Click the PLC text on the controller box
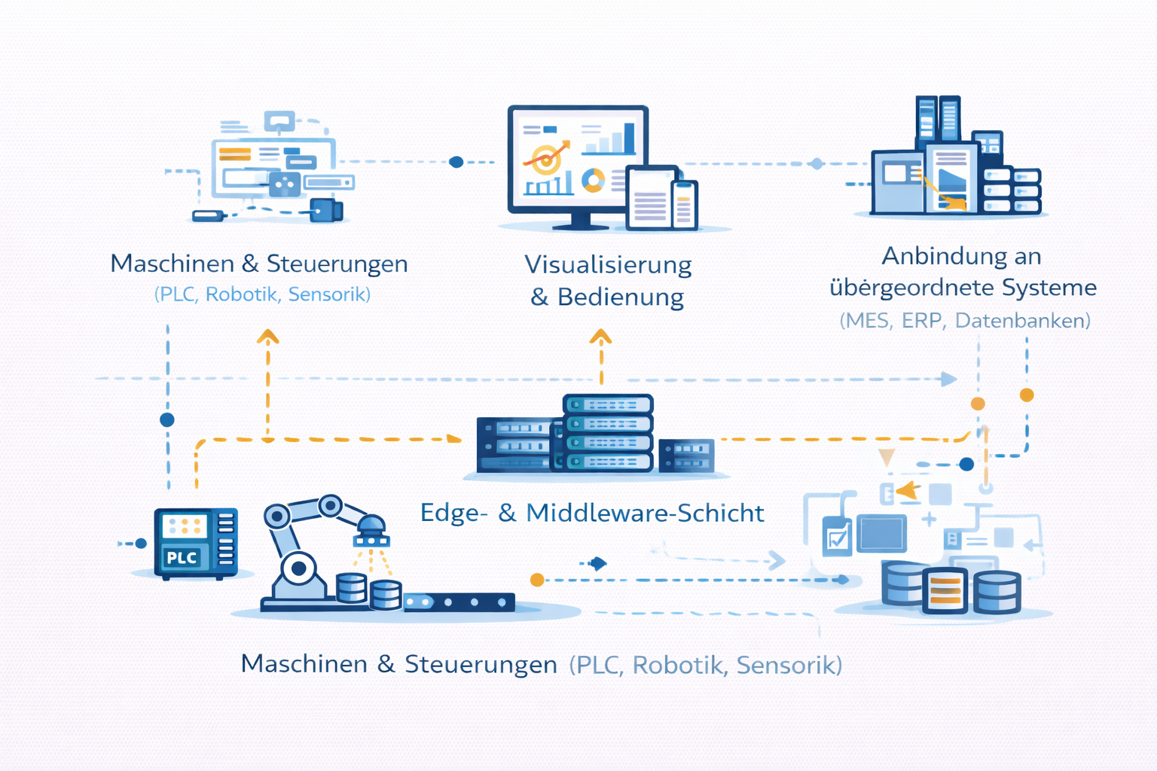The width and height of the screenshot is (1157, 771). point(182,558)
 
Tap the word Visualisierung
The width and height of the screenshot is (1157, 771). point(608,265)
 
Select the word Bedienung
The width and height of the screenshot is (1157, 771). point(620,297)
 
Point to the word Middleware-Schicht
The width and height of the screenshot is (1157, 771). point(645,513)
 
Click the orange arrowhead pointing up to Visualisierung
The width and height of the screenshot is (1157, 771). point(600,337)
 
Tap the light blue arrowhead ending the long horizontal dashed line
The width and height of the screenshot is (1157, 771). point(949,379)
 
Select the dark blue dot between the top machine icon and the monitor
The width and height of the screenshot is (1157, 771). point(456,162)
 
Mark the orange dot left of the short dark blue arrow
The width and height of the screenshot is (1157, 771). point(537,580)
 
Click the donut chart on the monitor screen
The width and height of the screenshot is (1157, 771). point(594,180)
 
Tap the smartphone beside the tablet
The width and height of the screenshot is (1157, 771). point(684,205)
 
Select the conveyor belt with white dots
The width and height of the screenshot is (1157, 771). point(459,602)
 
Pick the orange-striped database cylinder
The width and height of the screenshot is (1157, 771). point(945,590)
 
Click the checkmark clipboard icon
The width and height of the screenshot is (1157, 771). point(837,537)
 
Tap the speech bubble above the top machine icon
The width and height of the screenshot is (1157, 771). point(279,120)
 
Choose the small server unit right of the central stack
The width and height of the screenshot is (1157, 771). point(686,455)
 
